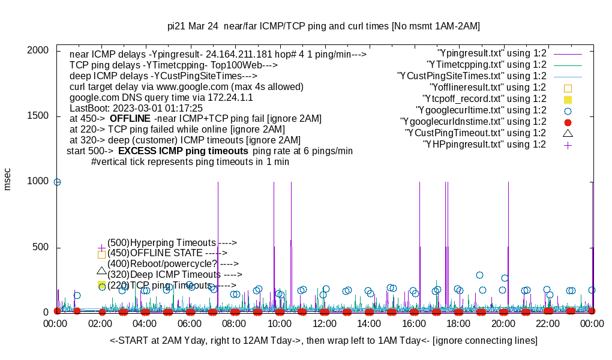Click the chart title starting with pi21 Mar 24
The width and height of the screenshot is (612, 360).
point(323,26)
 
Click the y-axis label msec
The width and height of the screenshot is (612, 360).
point(8,178)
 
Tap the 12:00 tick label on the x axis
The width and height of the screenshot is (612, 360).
point(325,323)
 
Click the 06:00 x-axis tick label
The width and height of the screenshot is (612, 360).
point(190,323)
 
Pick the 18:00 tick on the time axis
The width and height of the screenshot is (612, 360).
point(458,323)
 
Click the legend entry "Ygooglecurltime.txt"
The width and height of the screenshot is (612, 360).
point(481,110)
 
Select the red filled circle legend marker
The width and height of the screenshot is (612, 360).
point(568,122)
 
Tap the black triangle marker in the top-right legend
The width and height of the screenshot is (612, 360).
point(568,133)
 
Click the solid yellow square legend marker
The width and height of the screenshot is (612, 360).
point(568,99)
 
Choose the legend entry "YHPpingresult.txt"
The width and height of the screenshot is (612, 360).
point(484,144)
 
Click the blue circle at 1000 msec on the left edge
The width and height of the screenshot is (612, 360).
point(57,182)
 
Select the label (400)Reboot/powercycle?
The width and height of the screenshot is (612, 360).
point(173,263)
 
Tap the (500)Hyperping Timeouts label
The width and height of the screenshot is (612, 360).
point(172,242)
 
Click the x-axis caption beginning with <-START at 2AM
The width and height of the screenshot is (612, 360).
point(323,341)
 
